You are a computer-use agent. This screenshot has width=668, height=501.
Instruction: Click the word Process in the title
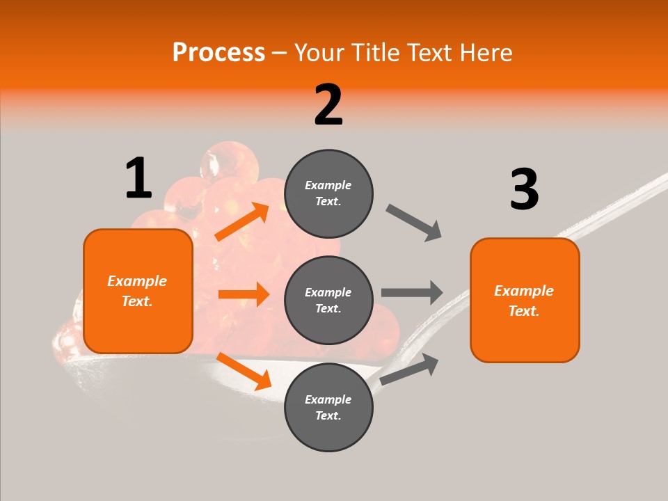218,53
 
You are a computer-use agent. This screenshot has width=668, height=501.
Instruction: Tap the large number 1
138,178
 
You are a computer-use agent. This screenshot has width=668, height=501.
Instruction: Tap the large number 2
328,105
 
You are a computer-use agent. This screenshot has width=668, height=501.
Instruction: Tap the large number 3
524,189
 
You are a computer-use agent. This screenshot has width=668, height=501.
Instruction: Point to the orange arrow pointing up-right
242,222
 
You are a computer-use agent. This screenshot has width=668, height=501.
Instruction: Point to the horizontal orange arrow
244,294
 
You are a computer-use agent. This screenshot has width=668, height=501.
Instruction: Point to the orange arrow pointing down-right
244,371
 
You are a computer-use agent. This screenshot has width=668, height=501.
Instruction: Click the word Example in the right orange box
524,291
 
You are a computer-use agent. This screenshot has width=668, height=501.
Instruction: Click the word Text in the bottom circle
327,415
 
